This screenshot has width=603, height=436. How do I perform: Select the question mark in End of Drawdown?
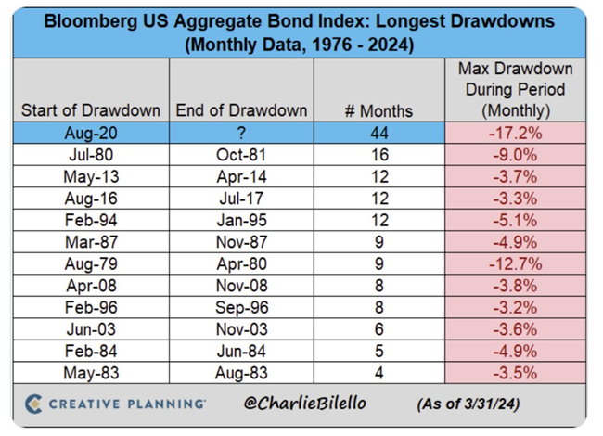241,133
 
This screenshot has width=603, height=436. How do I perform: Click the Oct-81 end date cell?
241,155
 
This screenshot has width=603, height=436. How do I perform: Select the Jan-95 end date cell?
241,221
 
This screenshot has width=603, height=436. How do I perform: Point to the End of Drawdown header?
241,110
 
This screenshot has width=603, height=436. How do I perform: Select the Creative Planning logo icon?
34,404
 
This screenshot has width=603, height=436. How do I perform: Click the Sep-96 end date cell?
241,308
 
